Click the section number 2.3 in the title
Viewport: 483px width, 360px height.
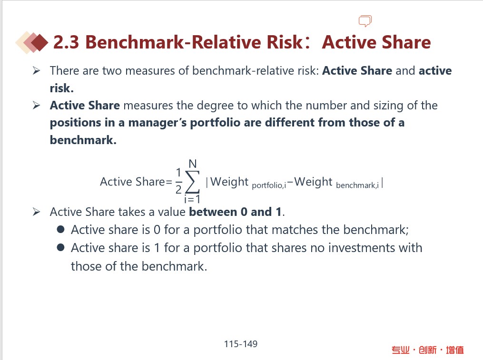tap(66, 42)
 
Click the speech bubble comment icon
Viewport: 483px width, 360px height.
tap(365, 21)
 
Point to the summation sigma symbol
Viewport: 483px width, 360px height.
tap(192, 182)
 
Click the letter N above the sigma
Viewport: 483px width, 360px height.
tap(193, 164)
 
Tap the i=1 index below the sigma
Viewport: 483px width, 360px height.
tap(192, 199)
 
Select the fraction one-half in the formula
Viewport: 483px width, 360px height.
tap(178, 181)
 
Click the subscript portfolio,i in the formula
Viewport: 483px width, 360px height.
tap(269, 185)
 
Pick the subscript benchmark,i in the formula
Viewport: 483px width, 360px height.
tap(357, 185)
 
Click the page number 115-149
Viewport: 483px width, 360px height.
tap(241, 344)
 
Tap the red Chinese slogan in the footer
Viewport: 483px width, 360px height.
tap(427, 350)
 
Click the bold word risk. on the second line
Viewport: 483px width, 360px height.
tap(61, 88)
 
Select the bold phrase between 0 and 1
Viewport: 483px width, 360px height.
tap(236, 212)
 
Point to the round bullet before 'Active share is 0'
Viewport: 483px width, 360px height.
tap(61, 229)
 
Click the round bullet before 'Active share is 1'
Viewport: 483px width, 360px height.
tap(61, 248)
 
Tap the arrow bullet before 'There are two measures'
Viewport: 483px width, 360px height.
tap(36, 71)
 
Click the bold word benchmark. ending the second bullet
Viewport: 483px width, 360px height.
tap(83, 140)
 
